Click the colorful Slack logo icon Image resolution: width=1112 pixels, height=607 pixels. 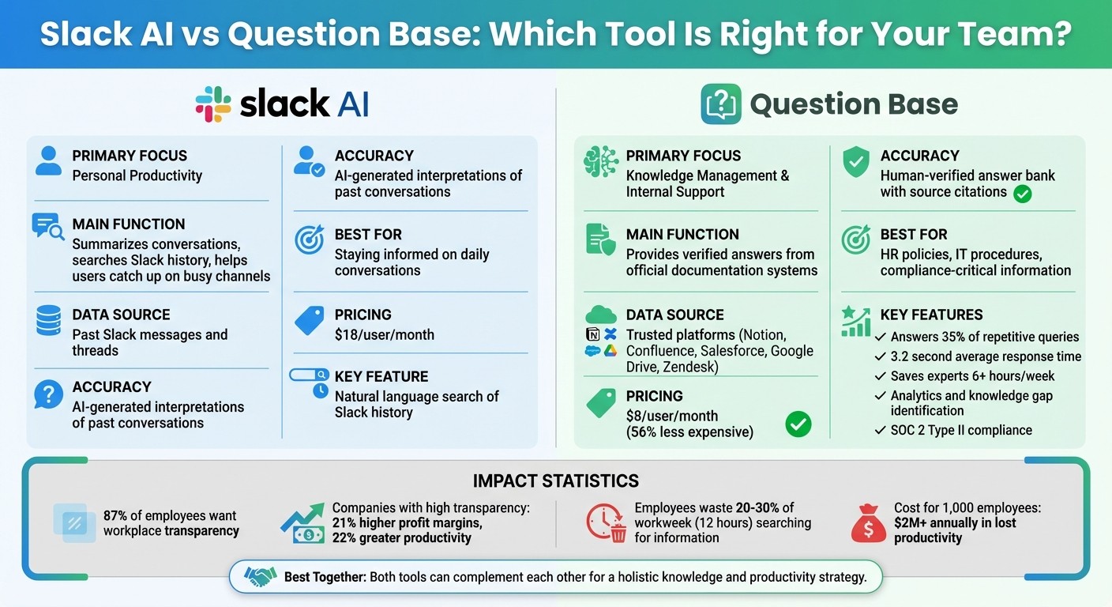point(213,104)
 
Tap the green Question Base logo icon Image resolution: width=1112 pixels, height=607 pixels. point(720,104)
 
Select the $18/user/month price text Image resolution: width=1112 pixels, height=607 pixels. point(384,334)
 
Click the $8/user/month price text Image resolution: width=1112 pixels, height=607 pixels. point(672,416)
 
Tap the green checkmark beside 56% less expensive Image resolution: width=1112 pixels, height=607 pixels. point(798,424)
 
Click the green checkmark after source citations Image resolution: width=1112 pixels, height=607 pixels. point(1022,193)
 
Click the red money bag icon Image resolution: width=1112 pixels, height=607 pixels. point(868,522)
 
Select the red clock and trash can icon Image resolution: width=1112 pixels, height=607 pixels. point(607,522)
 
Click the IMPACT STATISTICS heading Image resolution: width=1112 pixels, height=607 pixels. point(555,481)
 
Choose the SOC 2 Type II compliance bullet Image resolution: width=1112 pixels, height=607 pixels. point(960,430)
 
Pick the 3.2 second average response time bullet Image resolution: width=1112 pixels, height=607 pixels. point(985,356)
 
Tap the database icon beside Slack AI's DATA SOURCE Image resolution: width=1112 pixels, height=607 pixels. point(49,321)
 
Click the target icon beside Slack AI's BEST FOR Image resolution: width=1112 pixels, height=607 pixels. point(309,240)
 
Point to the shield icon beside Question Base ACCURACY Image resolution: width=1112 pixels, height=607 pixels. point(855,161)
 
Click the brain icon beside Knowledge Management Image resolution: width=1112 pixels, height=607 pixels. point(600,161)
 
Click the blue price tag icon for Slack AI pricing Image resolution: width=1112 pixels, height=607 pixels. point(309,321)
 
